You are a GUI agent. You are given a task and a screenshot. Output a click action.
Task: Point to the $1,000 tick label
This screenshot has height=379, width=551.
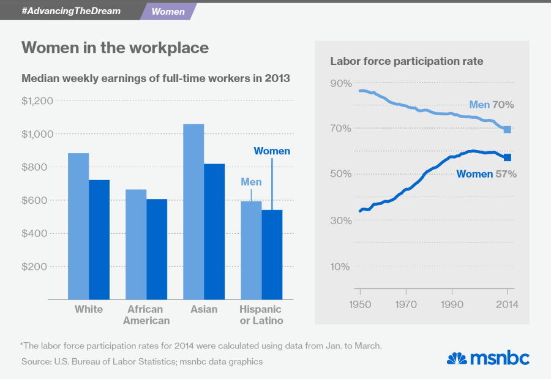click(38, 134)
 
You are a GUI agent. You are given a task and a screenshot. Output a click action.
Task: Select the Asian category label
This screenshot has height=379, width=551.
click(204, 309)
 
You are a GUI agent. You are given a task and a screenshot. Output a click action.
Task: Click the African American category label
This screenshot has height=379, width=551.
click(146, 315)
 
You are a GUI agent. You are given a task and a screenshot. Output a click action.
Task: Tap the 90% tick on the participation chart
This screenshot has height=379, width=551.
click(340, 83)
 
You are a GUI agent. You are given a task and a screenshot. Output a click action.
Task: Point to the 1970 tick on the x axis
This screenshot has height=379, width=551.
click(406, 304)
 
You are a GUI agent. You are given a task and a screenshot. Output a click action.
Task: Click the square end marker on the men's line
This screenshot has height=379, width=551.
click(508, 130)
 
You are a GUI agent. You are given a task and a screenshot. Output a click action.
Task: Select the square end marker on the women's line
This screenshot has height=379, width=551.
click(508, 157)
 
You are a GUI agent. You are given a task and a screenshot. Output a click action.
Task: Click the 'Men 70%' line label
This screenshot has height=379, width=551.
click(490, 105)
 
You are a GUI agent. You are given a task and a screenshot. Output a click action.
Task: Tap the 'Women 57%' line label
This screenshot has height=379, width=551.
click(487, 174)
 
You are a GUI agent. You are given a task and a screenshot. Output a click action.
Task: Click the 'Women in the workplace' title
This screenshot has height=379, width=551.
click(115, 48)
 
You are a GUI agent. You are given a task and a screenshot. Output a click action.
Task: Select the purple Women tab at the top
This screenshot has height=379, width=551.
click(168, 12)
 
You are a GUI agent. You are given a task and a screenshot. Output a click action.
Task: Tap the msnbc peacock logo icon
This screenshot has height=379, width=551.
click(456, 358)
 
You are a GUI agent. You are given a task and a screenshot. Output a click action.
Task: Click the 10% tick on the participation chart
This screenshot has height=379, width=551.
click(340, 266)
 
